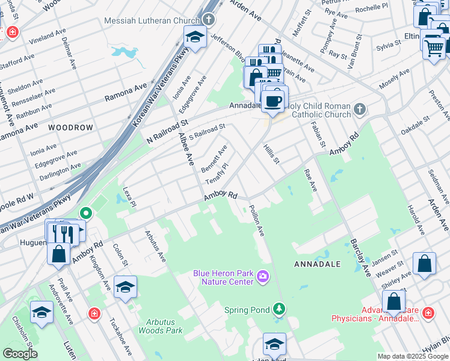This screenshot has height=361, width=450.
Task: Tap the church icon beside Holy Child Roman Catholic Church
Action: pos(360,109)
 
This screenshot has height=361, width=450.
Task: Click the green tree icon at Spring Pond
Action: pos(278,309)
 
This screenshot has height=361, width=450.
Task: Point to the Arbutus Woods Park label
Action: pos(160,326)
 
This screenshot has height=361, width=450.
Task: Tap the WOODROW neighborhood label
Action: pos(71,128)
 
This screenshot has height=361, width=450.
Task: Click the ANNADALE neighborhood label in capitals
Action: pos(317,264)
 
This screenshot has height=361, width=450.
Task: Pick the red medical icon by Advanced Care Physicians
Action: pos(428,313)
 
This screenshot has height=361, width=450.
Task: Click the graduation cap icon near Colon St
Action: pos(125,287)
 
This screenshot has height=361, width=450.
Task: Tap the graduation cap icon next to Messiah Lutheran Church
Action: pos(194,37)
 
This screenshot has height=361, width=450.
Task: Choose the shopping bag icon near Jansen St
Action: pos(424,264)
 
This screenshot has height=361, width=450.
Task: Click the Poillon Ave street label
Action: pos(257,220)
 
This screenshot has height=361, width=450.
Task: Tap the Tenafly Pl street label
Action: pos(217,173)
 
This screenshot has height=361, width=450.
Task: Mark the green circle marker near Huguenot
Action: pos(86,212)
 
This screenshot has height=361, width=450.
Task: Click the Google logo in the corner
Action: pos(20,354)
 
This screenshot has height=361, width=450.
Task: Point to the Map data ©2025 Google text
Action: pos(412,356)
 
